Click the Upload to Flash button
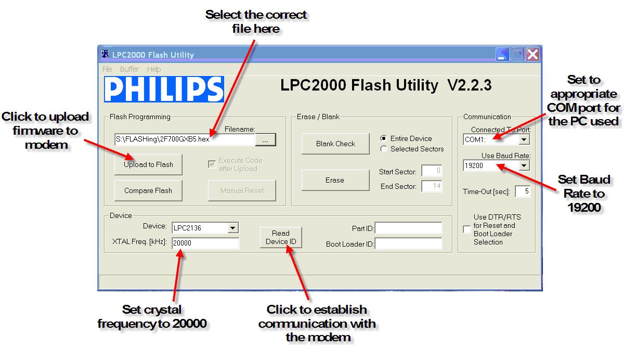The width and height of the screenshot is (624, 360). (148, 165)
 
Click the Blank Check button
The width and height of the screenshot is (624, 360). (335, 144)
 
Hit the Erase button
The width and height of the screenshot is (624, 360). (335, 181)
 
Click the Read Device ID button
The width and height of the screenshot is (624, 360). (281, 237)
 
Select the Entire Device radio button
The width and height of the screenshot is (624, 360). (384, 138)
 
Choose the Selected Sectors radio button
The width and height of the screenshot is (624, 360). (384, 149)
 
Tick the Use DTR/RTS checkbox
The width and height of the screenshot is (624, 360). (466, 229)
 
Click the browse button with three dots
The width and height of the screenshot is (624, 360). (265, 140)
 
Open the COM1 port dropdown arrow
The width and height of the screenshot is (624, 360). (524, 139)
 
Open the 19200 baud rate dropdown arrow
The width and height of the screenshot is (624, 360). (524, 166)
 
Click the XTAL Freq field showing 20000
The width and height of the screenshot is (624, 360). (205, 243)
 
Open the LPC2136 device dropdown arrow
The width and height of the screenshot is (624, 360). (233, 228)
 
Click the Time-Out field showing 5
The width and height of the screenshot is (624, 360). (523, 191)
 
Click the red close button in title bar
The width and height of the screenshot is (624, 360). (532, 54)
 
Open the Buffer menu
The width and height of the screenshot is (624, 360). (129, 69)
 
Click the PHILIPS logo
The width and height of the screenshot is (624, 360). (164, 89)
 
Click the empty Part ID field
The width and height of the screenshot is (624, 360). (409, 228)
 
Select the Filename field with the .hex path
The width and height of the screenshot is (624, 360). (185, 139)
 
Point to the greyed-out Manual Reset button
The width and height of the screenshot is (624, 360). (242, 191)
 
